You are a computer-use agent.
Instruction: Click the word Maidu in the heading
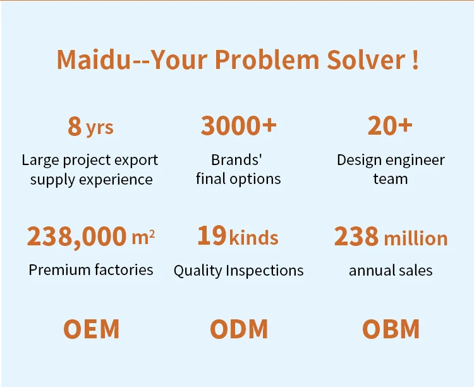coord(94,59)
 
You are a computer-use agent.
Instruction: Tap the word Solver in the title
coord(367,59)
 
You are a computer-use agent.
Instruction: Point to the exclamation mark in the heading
coord(415,59)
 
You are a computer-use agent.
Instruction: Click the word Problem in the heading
coord(267,59)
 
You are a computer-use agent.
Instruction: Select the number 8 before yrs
coord(75,126)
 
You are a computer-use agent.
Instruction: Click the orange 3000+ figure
coord(238,125)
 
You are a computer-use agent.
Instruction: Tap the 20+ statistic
coord(390,125)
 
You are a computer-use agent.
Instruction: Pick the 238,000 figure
coord(76,236)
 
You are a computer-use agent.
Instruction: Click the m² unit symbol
coord(143,237)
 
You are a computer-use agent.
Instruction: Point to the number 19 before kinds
coord(212,235)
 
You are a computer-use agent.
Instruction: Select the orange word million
coord(416,238)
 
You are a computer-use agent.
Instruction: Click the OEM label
coord(91,329)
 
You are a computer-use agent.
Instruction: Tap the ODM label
coord(239,329)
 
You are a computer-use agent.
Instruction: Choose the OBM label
coord(391,329)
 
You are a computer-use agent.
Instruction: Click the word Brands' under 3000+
coord(236,160)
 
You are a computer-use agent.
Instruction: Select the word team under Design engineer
coord(391,179)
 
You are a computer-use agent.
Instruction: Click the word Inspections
coord(265,271)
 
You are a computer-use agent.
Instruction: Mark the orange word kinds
coord(253,238)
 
